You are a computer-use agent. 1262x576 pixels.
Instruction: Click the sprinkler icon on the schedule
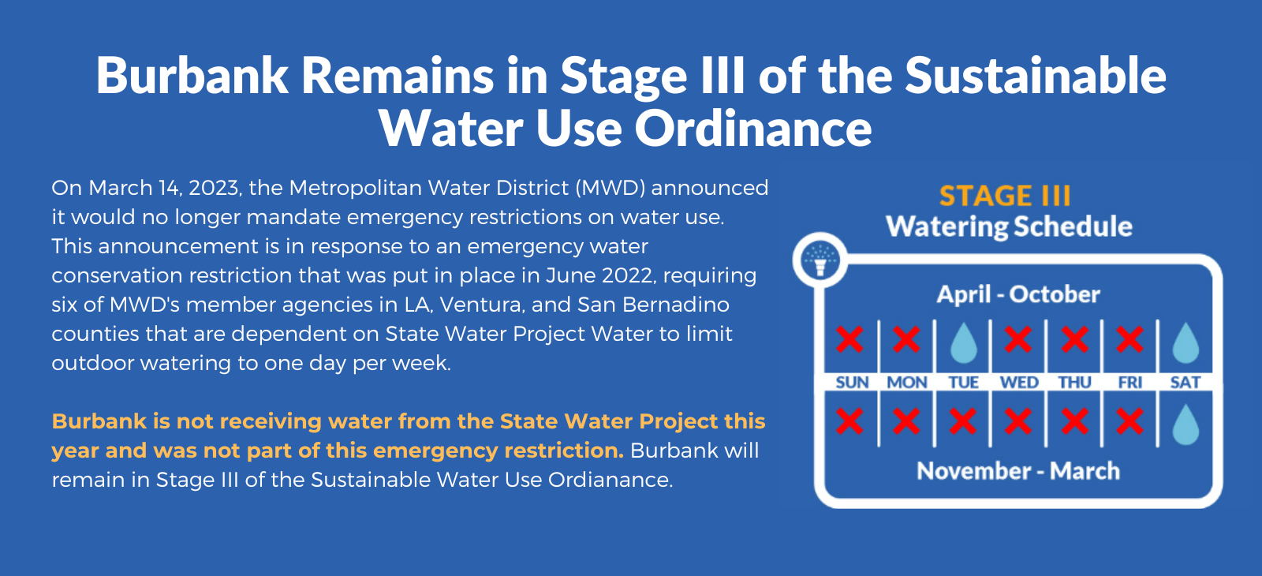(820, 260)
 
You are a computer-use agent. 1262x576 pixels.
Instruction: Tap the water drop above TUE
(963, 342)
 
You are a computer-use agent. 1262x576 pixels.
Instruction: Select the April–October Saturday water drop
(1185, 342)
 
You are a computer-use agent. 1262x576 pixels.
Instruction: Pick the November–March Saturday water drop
(1185, 425)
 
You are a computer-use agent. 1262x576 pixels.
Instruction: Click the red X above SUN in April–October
(849, 339)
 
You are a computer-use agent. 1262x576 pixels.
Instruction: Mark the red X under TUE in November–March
(963, 421)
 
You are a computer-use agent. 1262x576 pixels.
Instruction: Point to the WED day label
(1019, 383)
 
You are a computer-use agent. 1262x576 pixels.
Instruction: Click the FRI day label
(1130, 383)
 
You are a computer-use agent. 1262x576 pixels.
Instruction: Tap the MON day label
(907, 383)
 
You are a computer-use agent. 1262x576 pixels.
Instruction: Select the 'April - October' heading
(1018, 294)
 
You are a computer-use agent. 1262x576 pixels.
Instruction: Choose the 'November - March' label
(1018, 471)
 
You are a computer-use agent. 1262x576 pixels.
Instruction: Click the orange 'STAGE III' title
(1005, 196)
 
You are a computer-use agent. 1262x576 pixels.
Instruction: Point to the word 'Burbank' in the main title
(192, 76)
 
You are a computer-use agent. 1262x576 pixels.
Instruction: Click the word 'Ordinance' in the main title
(753, 129)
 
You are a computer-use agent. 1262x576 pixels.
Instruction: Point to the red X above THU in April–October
(1074, 339)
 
